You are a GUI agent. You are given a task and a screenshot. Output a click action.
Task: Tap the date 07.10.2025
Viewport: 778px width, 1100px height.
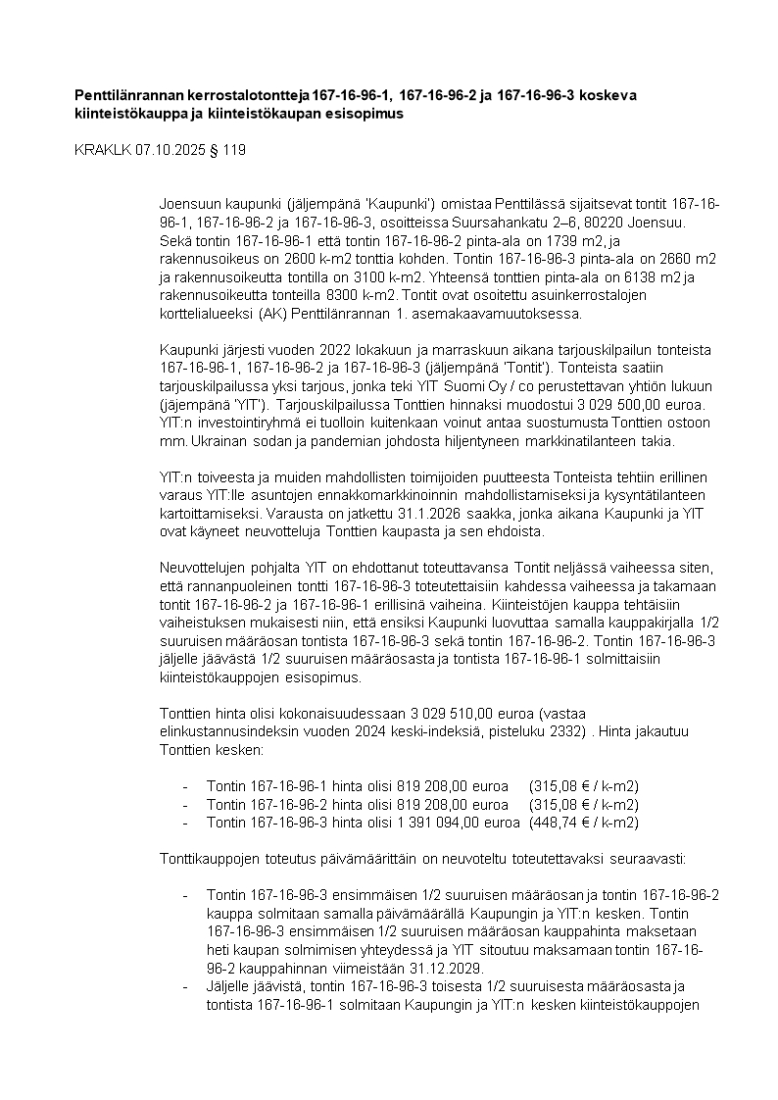[171, 150]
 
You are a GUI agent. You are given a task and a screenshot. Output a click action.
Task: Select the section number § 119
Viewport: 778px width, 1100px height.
[228, 150]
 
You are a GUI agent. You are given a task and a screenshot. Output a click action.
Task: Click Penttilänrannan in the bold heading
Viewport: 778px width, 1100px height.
[132, 95]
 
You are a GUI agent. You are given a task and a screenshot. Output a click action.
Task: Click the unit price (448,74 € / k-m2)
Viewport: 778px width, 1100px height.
[584, 823]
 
